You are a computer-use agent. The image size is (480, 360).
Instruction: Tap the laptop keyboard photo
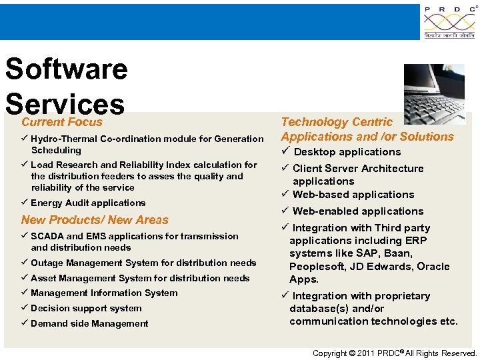tap(434, 94)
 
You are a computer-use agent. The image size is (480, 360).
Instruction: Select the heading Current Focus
tap(62, 122)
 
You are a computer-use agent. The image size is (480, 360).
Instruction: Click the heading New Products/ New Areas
tap(95, 220)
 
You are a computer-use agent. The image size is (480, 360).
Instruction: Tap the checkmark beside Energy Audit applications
tap(25, 203)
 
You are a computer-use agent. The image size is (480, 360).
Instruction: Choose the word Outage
tap(47, 263)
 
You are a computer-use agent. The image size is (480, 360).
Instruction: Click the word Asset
tap(44, 278)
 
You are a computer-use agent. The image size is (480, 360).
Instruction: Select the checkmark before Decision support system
tap(25, 308)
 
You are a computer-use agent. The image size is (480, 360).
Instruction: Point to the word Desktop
tap(314, 152)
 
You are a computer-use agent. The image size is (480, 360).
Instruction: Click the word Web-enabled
tap(323, 211)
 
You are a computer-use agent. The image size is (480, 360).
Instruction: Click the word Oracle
tap(433, 267)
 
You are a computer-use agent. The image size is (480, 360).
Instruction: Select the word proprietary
tap(401, 296)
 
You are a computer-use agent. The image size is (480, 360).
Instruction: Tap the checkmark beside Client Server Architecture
tap(285, 168)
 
